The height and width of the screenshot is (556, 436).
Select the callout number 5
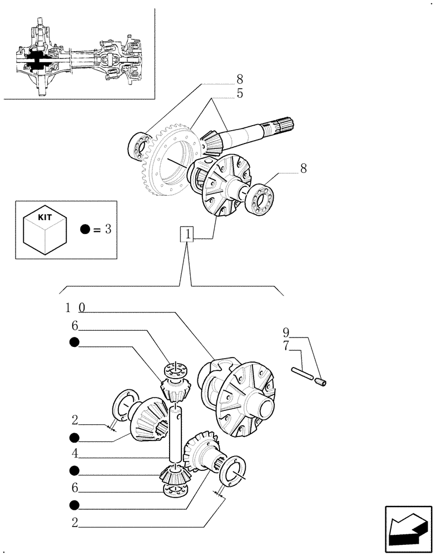point(240,93)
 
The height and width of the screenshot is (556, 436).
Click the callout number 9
point(286,333)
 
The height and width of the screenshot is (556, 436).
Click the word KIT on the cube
point(45,220)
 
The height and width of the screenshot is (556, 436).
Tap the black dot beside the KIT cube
point(85,229)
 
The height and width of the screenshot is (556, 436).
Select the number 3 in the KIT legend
point(108,229)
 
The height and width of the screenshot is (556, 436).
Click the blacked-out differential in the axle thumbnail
point(37,62)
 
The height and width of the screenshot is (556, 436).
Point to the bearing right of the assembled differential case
point(262,198)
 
